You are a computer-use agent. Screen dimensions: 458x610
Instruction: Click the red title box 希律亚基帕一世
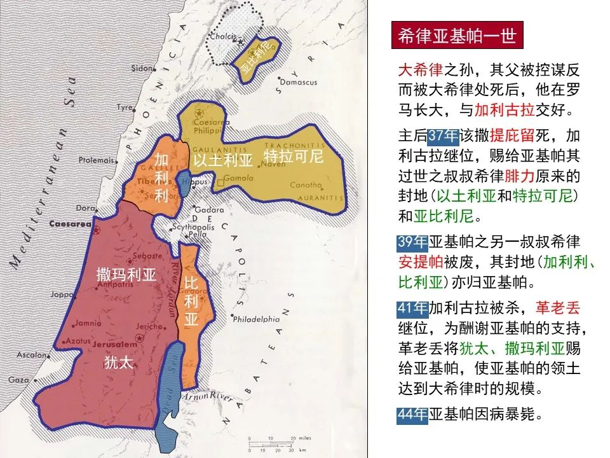[x=457, y=36]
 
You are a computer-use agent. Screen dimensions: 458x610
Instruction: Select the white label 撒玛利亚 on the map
[x=126, y=275]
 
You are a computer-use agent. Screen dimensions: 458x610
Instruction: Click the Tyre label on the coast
[x=123, y=108]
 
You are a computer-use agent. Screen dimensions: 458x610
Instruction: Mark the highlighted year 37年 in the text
[x=442, y=136]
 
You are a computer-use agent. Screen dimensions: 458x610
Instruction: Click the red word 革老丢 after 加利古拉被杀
[x=557, y=309]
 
